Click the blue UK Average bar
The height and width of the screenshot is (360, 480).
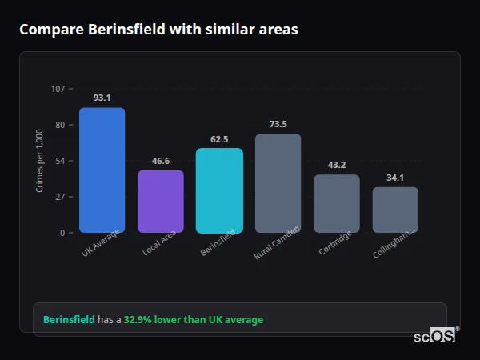click(x=102, y=170)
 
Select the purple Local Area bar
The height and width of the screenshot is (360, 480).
click(x=161, y=202)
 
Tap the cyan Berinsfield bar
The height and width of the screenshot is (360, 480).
click(x=219, y=190)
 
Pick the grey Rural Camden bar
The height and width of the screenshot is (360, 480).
click(x=278, y=183)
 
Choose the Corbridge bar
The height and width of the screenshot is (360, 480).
click(x=337, y=204)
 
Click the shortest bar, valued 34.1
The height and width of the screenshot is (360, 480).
click(x=395, y=210)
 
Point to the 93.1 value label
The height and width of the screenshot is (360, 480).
click(x=102, y=98)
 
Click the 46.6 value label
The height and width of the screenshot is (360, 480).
click(x=161, y=161)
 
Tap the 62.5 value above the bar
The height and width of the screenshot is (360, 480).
click(x=219, y=139)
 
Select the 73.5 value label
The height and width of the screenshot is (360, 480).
click(x=278, y=124)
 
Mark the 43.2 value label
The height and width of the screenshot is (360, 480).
click(x=337, y=165)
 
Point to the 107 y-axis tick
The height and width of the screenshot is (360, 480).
click(x=58, y=89)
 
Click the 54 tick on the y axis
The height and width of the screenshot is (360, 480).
click(x=60, y=161)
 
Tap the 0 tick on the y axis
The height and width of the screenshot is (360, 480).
click(x=62, y=233)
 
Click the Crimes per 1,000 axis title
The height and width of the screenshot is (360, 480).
click(x=40, y=161)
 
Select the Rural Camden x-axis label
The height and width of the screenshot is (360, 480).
click(x=277, y=243)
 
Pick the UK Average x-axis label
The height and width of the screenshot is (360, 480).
click(x=100, y=243)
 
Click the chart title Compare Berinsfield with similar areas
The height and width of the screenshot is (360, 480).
click(x=158, y=30)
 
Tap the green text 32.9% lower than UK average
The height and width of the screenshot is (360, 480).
click(x=193, y=320)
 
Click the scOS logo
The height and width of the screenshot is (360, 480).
click(x=435, y=336)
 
